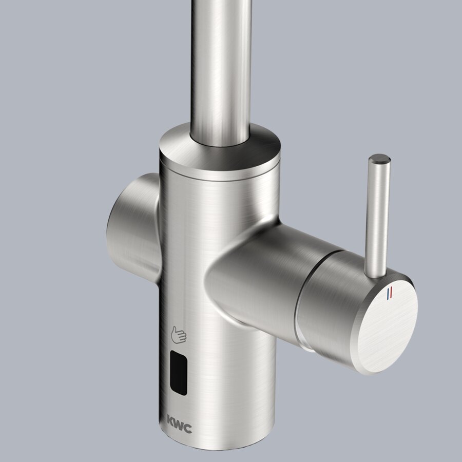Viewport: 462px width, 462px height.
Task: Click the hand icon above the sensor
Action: click(x=179, y=335)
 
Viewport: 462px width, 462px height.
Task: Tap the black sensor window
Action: click(x=179, y=373)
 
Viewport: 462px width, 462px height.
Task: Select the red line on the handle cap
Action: click(x=391, y=292)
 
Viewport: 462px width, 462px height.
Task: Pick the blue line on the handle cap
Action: click(x=388, y=294)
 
